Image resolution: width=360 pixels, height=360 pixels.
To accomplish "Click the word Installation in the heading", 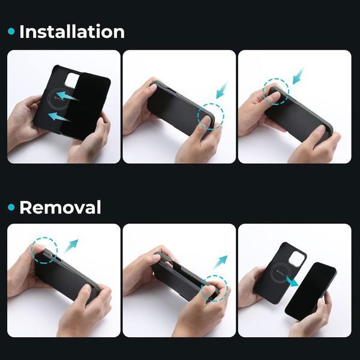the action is (72, 32).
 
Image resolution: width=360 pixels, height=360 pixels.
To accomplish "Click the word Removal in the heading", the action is (61, 207).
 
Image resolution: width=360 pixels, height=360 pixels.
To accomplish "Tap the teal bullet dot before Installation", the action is (11, 31).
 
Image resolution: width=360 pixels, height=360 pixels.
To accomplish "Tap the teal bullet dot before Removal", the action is (11, 208).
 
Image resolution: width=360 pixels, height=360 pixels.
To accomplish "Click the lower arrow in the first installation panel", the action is (59, 116).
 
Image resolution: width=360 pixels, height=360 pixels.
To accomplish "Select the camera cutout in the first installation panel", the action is (71, 80).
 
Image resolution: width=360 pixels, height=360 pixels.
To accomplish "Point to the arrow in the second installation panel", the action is (222, 90).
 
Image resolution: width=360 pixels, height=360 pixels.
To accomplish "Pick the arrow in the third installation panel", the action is (298, 76).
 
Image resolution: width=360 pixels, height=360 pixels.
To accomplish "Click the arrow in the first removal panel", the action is (71, 245).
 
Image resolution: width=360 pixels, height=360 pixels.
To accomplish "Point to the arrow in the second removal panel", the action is (220, 262).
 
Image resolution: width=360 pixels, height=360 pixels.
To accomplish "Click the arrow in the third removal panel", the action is (292, 281).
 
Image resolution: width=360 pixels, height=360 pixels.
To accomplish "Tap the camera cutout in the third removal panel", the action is (297, 259).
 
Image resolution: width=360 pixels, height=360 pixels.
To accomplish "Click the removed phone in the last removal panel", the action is (310, 291).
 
